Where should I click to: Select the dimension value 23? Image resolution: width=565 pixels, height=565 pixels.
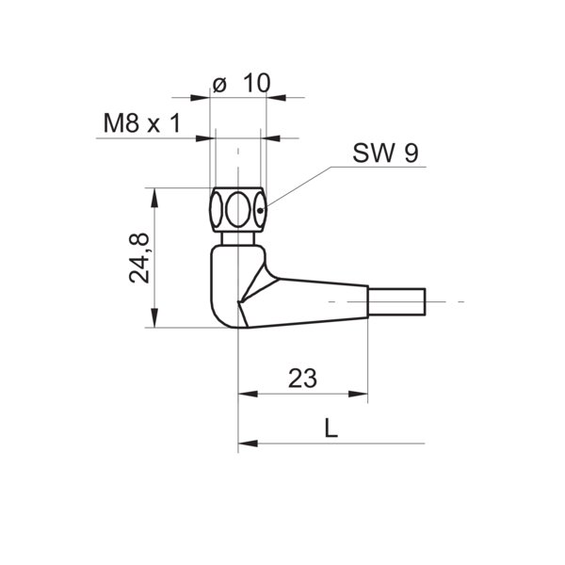click(301, 379)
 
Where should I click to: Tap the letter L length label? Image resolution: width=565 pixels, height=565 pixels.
click(330, 428)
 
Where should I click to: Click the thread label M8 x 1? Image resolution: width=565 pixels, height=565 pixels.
click(140, 122)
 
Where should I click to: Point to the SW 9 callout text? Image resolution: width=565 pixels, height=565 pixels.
click(385, 153)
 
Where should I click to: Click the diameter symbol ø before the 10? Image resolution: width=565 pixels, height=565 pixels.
click(219, 83)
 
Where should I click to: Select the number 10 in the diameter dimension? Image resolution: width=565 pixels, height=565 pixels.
click(255, 83)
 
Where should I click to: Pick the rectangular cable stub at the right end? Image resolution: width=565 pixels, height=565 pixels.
click(397, 302)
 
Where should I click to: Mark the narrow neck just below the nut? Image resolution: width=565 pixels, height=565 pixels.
click(237, 238)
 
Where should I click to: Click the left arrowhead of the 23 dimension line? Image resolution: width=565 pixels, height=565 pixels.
click(244, 394)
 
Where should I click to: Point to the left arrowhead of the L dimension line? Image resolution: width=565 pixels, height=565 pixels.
click(244, 443)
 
